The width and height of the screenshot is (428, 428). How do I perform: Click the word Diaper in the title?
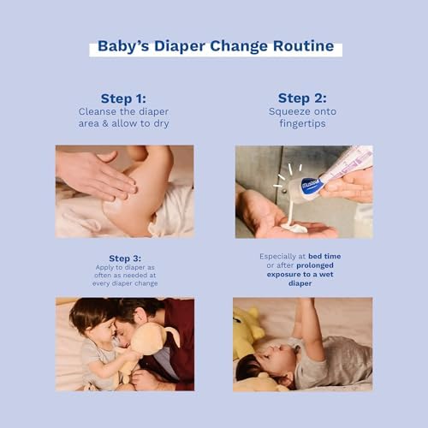(180, 47)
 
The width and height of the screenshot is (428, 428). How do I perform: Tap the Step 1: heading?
(123, 98)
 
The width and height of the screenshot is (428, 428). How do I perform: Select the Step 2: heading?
(302, 98)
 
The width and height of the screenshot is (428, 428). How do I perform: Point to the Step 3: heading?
(125, 259)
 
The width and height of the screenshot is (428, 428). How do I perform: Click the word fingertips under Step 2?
(302, 123)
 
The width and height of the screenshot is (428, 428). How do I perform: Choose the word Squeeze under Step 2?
(286, 111)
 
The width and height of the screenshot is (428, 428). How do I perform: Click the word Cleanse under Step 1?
(97, 111)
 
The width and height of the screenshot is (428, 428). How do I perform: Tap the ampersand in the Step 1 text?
(105, 123)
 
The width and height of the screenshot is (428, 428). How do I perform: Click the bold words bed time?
(324, 256)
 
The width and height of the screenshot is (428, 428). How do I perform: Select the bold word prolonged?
(315, 265)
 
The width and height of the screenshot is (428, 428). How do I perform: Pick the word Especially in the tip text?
(277, 257)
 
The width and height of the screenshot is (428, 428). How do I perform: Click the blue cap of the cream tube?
(310, 185)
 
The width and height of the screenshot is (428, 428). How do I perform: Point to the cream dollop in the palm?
(294, 227)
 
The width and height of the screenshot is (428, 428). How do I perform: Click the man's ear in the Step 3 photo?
(140, 315)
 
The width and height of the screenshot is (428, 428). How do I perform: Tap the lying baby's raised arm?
(310, 328)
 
